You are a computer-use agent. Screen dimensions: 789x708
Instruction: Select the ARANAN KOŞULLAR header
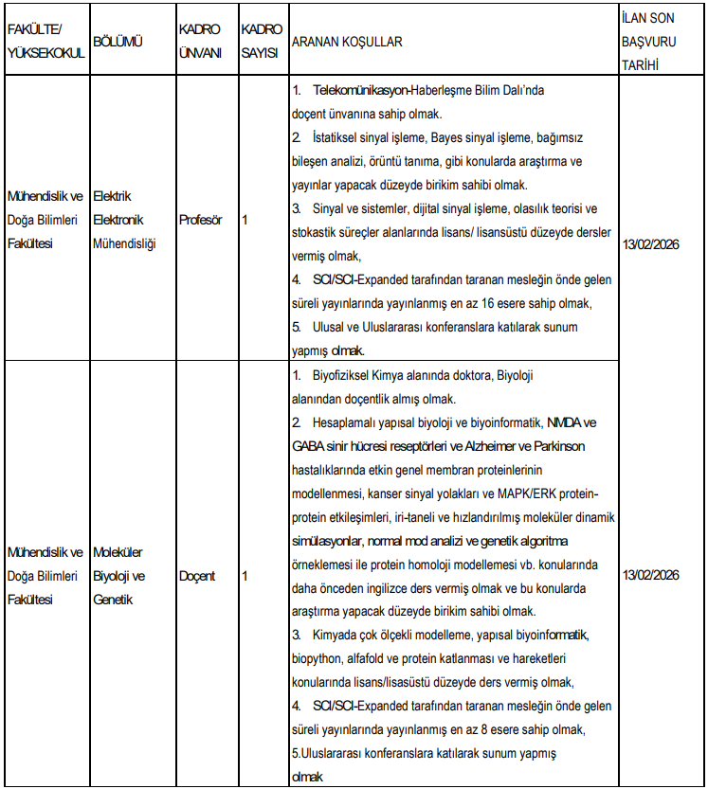point(347,43)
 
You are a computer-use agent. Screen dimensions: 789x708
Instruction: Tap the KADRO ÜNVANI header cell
point(199,43)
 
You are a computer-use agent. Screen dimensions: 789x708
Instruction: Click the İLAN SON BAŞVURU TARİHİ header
point(648,43)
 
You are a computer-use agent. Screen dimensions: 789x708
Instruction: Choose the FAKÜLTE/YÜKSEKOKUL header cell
point(45,43)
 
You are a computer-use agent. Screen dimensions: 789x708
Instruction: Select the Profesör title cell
point(200,220)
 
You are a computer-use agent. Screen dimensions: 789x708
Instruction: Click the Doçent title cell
point(196,576)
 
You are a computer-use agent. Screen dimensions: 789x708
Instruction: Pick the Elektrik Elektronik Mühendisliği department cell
point(124,220)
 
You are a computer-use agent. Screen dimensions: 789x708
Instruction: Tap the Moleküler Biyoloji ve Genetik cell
point(119,576)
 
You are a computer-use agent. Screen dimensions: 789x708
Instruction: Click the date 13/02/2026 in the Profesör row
point(651,220)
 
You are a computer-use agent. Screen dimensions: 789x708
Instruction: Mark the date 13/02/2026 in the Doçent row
point(651,576)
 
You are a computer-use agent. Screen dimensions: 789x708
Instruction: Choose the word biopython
point(318,659)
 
